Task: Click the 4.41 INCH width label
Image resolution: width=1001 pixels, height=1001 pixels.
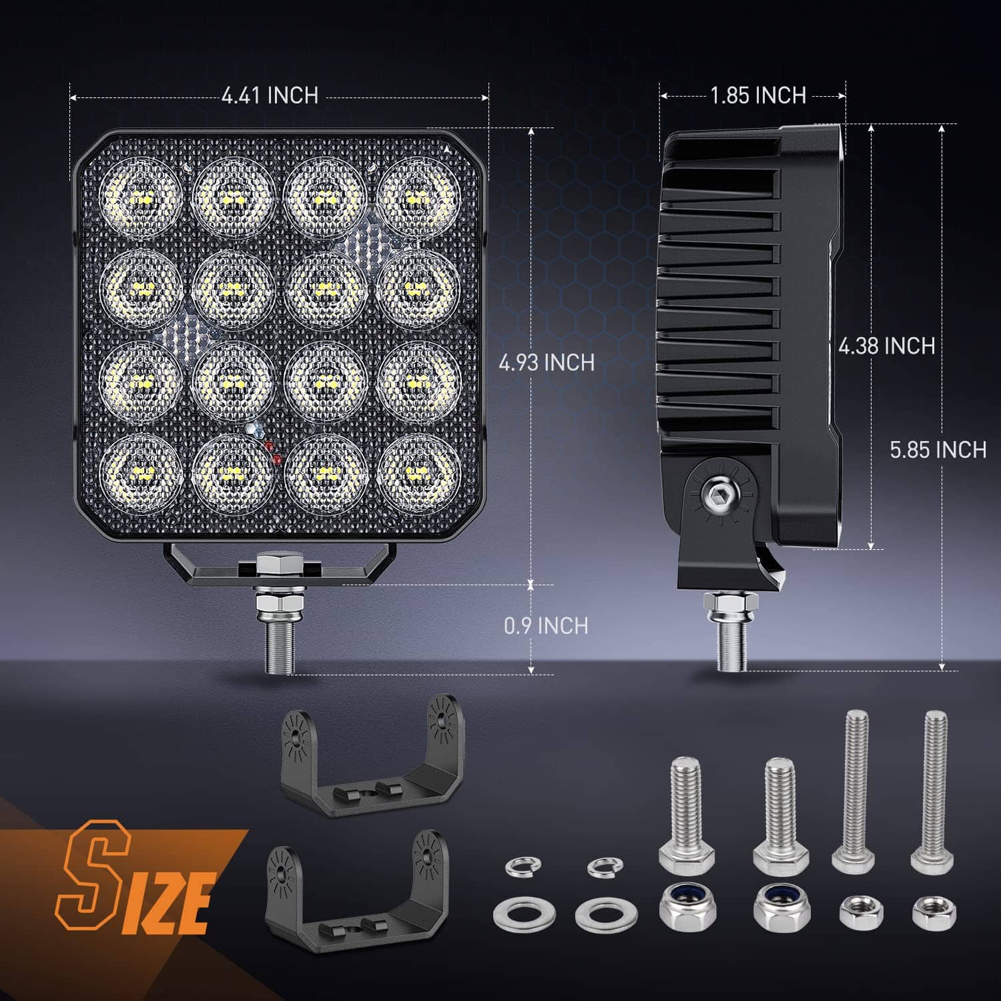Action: (270, 95)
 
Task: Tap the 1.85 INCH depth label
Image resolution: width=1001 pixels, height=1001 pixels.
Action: (758, 95)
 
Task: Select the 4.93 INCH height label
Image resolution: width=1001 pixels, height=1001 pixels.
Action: (547, 362)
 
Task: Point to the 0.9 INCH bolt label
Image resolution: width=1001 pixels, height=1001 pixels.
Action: (547, 626)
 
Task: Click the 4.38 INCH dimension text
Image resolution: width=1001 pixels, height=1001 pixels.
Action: (886, 346)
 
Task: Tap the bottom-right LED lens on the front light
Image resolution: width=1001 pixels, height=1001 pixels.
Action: (418, 472)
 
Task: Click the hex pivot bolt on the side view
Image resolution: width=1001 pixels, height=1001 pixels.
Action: (719, 494)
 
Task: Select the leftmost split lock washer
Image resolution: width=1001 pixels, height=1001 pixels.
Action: (523, 866)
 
